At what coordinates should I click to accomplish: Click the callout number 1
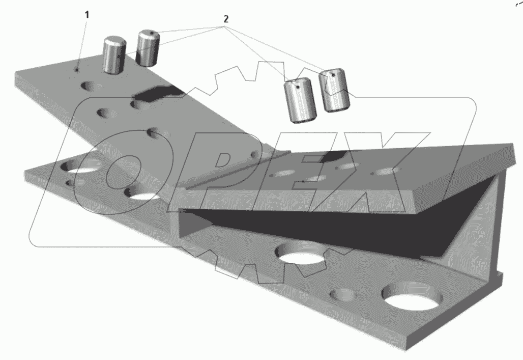[x=87, y=15]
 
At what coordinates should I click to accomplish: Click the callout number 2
[x=226, y=19]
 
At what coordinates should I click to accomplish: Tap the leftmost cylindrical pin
[x=114, y=55]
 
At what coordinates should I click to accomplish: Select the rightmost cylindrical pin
[x=334, y=90]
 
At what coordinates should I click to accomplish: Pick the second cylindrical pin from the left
[x=149, y=48]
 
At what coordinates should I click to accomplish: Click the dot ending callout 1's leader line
[x=77, y=70]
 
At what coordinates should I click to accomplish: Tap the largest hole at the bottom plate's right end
[x=413, y=295]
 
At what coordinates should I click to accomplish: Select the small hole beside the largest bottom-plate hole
[x=343, y=295]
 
